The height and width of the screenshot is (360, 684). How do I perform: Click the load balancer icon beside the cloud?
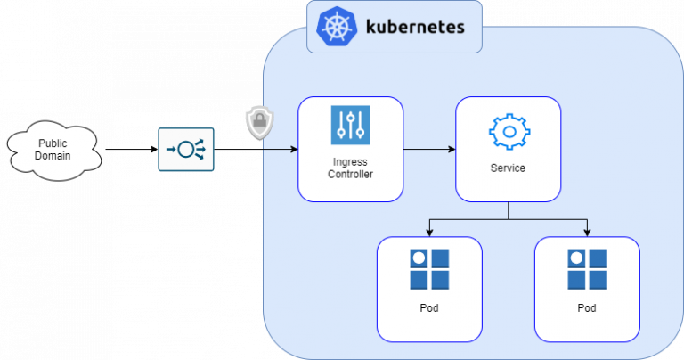coord(186,150)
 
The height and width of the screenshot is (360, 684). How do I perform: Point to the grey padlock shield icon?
coord(258,124)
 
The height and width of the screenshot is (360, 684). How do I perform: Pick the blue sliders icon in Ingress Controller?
coord(350,125)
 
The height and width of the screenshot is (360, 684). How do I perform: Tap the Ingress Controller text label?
coord(350,167)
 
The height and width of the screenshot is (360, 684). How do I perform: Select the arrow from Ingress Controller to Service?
coord(429,150)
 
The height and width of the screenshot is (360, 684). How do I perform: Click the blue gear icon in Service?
coord(509,131)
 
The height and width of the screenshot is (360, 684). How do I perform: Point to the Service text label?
coord(509,168)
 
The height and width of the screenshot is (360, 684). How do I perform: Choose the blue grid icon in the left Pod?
coord(429,270)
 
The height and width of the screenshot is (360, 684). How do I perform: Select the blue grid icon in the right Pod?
coord(587,270)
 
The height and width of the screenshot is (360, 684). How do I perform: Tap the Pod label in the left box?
coord(429,308)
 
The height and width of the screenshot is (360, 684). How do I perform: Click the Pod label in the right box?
coord(587,308)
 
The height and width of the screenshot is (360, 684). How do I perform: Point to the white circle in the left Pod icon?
coord(419,259)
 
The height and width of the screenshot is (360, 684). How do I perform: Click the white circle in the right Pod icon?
coord(576,259)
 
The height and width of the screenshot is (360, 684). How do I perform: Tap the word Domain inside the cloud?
coord(53,156)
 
